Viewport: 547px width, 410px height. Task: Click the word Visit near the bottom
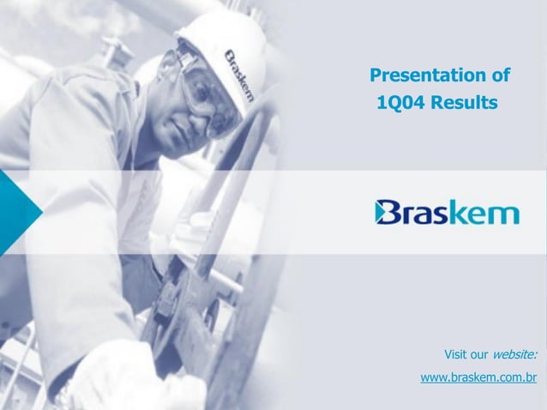(457, 354)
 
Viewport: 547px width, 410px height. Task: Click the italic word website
(519, 354)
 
